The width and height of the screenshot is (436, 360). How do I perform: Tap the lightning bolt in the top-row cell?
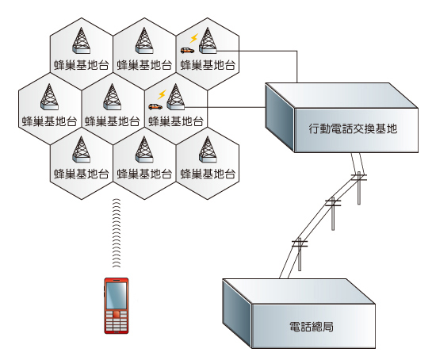[x=192, y=38]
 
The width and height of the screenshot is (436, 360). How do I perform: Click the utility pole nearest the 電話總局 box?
[x=300, y=243]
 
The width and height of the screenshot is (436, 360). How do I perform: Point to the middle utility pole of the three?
[x=332, y=205]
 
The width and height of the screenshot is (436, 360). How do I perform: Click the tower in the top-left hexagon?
[x=81, y=41]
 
